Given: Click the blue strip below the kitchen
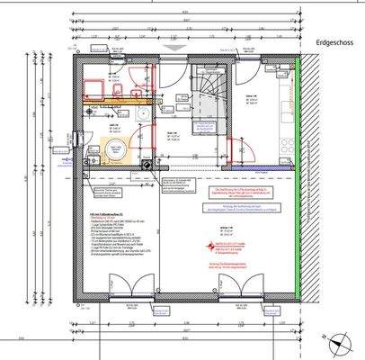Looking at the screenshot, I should tap(262, 167).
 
